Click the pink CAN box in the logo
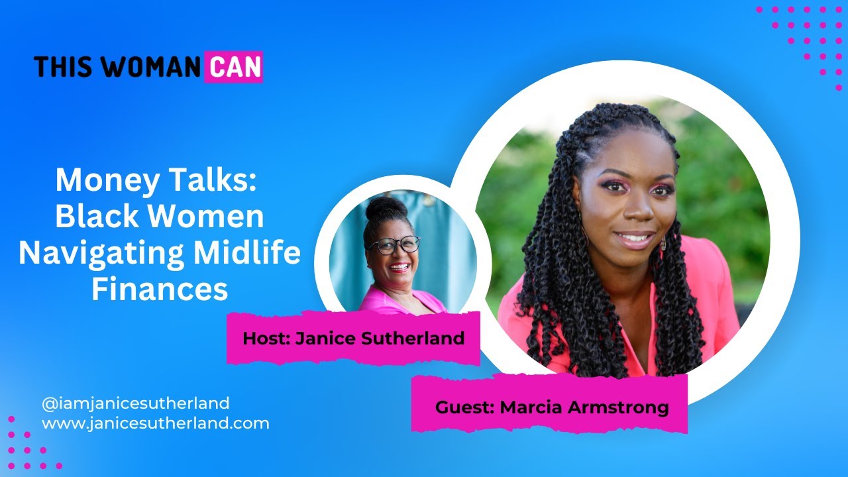coord(233,67)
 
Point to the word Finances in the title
coord(160,290)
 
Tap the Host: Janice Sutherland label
coord(353,338)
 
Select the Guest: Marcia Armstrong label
coord(551,406)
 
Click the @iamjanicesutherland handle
coord(135,403)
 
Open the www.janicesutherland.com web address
coord(155,423)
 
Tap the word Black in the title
coord(97,217)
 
